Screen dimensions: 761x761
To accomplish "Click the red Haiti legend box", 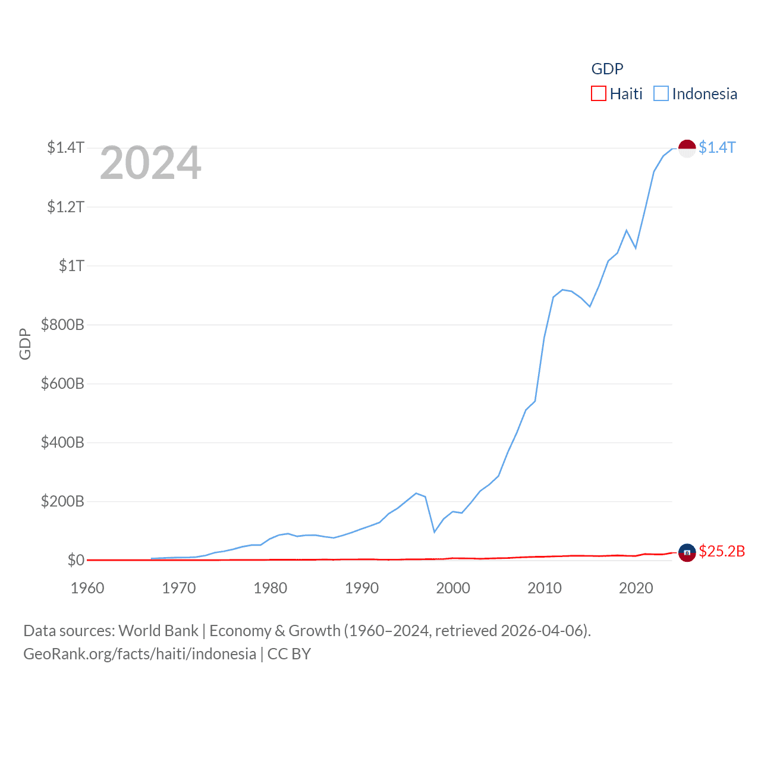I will [598, 94].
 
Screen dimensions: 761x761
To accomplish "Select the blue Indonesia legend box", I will [661, 94].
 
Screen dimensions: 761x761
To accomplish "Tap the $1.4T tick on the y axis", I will [66, 147].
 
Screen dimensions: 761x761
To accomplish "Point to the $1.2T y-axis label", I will [66, 207].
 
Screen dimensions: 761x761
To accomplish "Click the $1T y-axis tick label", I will [71, 266].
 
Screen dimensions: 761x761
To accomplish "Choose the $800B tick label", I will [62, 325].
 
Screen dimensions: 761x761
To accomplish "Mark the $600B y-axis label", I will [62, 383].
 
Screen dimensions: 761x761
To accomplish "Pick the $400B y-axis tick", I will [62, 442].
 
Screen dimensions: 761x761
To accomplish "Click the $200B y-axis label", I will [62, 501].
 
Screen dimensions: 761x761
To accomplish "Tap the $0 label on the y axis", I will [76, 560].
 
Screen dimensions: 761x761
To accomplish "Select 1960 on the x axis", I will [87, 588].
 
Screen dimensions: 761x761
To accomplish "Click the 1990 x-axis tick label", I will [361, 588].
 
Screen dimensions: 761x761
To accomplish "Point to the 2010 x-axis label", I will [545, 588].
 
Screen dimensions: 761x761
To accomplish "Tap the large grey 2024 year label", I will [150, 163].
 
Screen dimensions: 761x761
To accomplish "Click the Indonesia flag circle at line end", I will [687, 148].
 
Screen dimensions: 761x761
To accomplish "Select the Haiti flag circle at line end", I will [687, 552].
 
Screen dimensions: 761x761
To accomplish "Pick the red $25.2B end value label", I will [722, 551].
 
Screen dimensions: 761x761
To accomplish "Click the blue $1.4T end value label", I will [717, 147].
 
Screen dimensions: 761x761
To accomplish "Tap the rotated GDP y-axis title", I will [25, 344].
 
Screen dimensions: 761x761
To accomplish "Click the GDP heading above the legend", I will [607, 69].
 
